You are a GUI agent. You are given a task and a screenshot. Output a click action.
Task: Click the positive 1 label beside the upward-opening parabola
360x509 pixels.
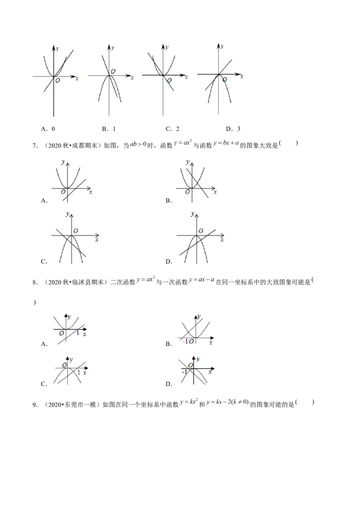77,333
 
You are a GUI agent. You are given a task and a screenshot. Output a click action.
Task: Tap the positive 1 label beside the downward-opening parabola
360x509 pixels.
79,373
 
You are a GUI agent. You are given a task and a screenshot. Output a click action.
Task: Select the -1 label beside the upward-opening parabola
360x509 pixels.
185,342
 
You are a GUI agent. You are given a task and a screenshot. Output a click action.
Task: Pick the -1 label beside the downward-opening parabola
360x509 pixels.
184,372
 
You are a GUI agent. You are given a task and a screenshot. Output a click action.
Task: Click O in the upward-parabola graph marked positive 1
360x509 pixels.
61,333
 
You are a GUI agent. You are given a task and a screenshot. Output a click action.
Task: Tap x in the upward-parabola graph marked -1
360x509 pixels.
211,343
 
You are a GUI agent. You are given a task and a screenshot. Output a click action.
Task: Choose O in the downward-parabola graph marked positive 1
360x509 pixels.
65,364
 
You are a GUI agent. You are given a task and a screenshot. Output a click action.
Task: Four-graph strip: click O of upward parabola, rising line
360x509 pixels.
57,80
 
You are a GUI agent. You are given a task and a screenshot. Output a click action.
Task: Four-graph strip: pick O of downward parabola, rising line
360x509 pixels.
225,80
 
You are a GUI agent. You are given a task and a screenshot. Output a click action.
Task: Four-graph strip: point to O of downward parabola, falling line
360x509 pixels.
113,71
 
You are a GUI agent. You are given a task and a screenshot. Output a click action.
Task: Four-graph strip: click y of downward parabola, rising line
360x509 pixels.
222,46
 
